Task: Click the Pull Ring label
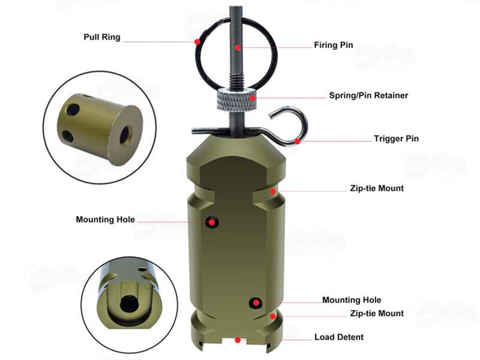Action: (102, 37)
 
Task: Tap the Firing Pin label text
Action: (334, 45)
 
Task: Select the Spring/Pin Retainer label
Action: (368, 95)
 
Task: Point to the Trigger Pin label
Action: (396, 139)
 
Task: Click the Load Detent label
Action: (339, 337)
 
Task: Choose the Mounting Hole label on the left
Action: (106, 220)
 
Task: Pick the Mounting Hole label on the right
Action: (352, 300)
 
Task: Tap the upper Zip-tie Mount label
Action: (377, 188)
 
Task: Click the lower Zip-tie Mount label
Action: (377, 313)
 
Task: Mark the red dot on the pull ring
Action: (197, 41)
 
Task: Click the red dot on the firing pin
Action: (238, 48)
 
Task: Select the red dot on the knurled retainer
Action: (252, 98)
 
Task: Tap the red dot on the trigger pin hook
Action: (297, 142)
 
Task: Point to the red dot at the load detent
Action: (238, 340)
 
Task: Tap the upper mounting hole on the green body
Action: (212, 222)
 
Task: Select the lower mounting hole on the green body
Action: (256, 303)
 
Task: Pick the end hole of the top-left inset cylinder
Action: (125, 134)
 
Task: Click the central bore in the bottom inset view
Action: (128, 304)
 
